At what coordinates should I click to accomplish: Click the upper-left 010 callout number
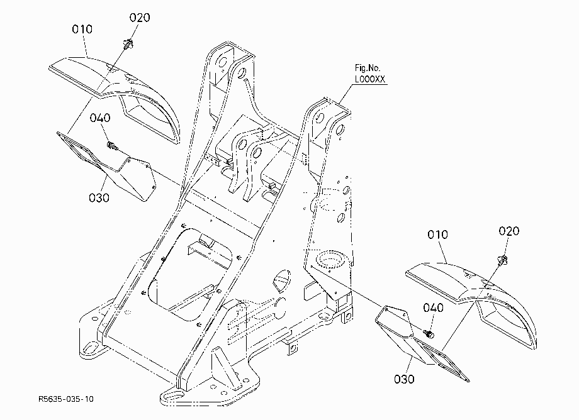pos(82,29)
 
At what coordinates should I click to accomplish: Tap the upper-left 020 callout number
pos(140,18)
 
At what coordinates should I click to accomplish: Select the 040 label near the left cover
pos(100,118)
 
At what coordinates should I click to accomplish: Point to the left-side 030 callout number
pos(99,197)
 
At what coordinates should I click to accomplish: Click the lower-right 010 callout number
pos(437,235)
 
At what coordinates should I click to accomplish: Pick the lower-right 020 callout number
pos(509,231)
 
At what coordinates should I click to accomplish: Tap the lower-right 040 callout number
pos(433,307)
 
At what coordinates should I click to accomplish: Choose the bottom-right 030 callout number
pos(404,379)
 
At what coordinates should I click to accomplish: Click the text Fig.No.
pos(367,68)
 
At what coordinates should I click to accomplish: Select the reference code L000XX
pos(369,79)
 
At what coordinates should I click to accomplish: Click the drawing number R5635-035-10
pos(66,399)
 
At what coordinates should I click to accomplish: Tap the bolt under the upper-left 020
pos(128,44)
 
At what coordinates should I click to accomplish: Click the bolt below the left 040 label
pos(111,146)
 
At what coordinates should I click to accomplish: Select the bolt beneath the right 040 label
pos(430,334)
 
